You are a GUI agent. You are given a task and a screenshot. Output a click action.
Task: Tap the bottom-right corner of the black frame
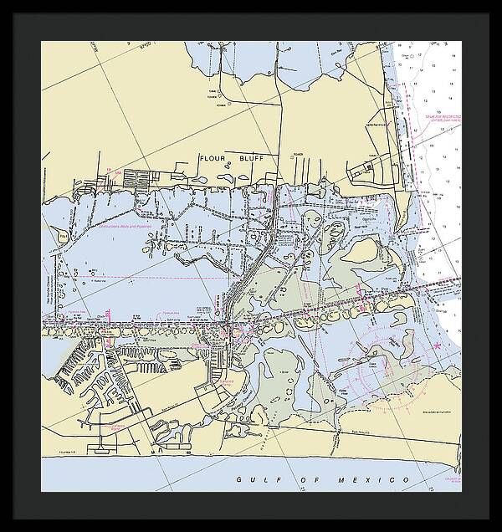point(491,521)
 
